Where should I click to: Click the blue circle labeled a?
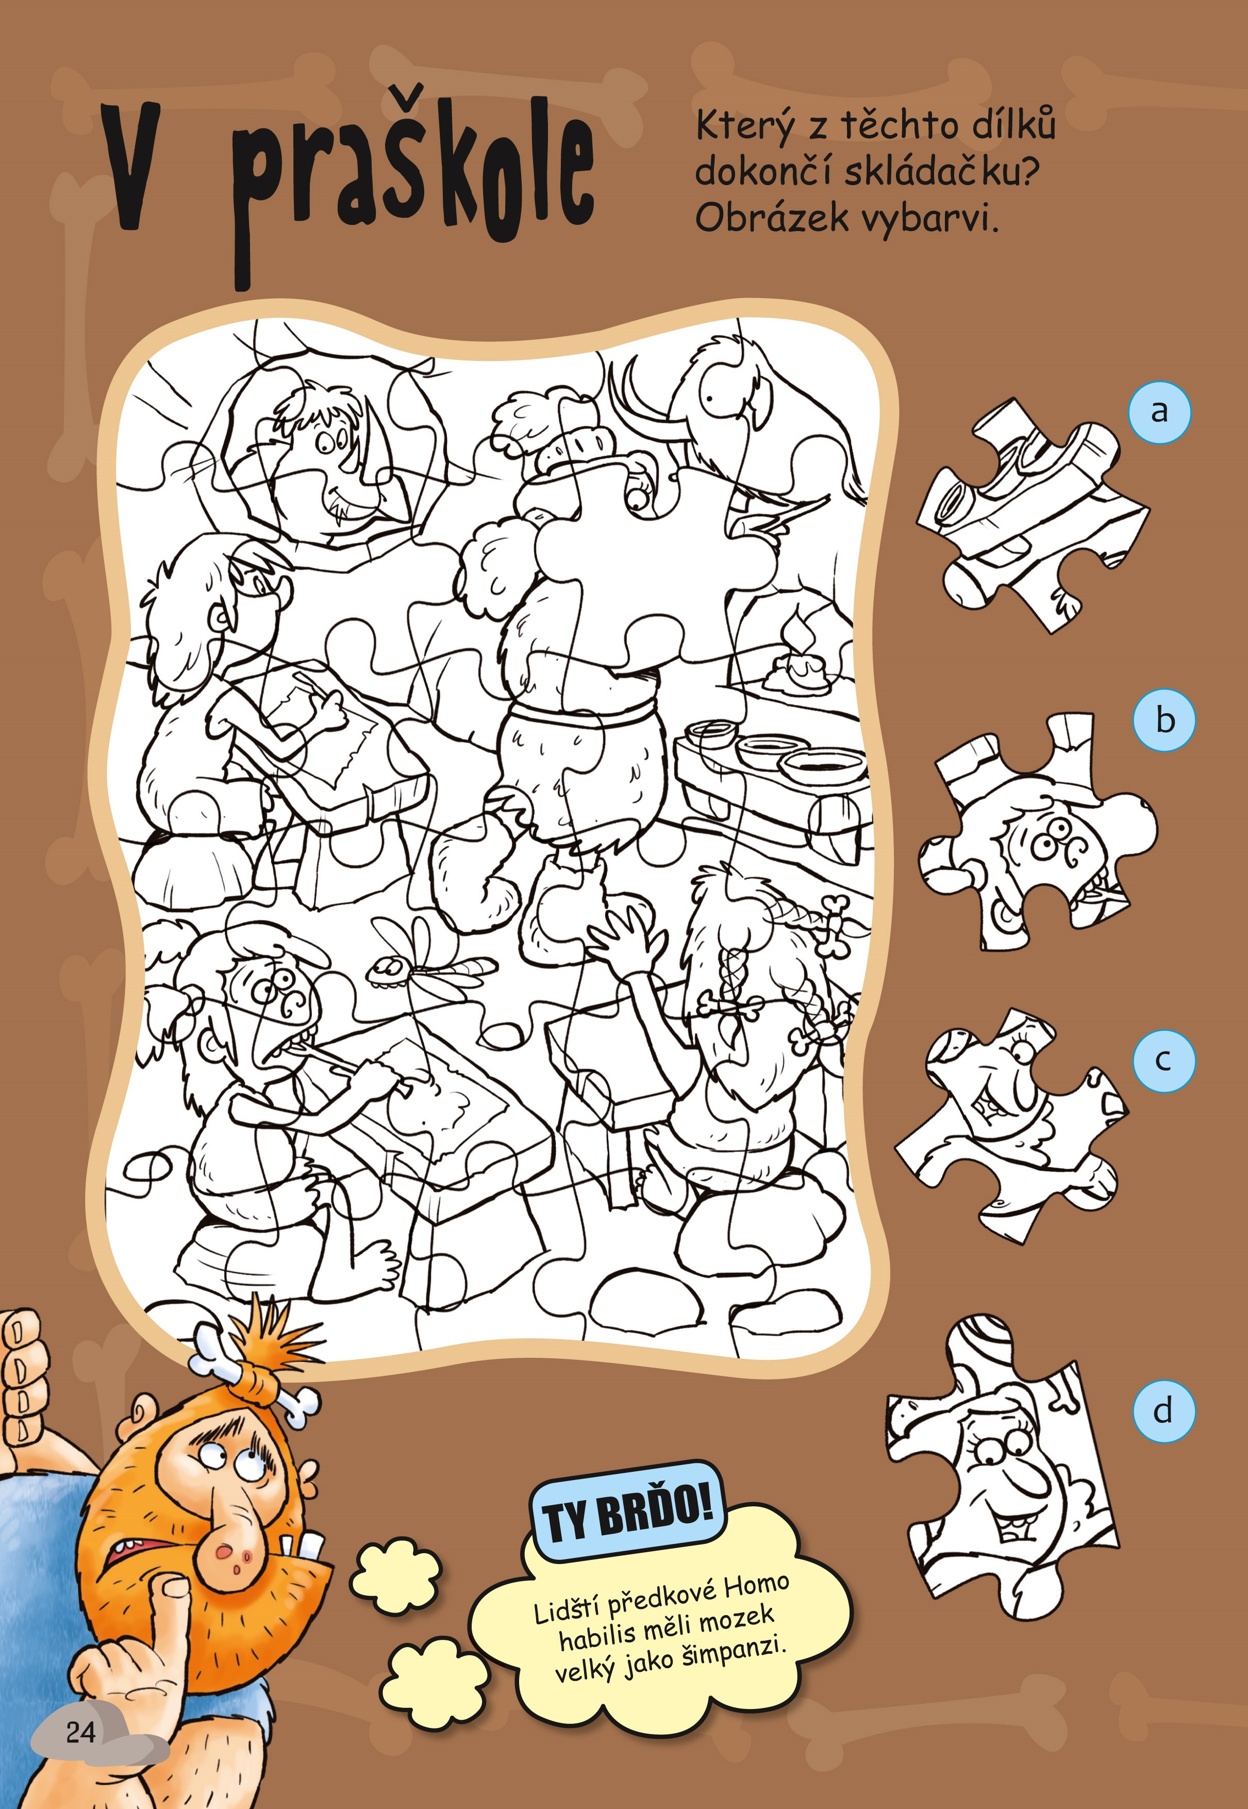pyautogui.click(x=1160, y=412)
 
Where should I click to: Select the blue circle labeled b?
pyautogui.click(x=1164, y=719)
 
